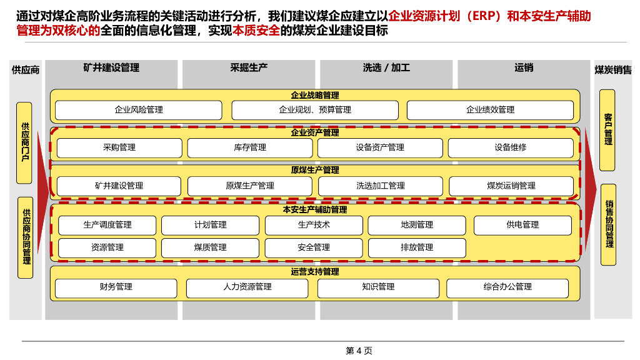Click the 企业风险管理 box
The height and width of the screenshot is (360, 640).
pyautogui.click(x=138, y=110)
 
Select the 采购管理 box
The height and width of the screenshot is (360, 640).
pyautogui.click(x=119, y=148)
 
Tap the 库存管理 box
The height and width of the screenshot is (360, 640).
pyautogui.click(x=249, y=148)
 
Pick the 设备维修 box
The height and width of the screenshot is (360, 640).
pyautogui.click(x=510, y=148)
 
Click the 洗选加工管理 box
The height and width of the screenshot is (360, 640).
pyautogui.click(x=380, y=186)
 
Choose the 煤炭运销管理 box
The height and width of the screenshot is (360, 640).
pyautogui.click(x=511, y=186)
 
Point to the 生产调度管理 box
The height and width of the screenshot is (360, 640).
pyautogui.click(x=107, y=225)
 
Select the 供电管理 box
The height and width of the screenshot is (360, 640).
pyautogui.click(x=522, y=225)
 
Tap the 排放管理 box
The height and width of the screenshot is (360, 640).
pyautogui.click(x=417, y=247)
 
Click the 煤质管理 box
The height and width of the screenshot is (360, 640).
pyautogui.click(x=210, y=247)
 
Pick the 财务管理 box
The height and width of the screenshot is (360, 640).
pyautogui.click(x=116, y=287)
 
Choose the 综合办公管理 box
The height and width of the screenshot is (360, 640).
pyautogui.click(x=507, y=287)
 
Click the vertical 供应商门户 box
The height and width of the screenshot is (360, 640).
pyautogui.click(x=24, y=143)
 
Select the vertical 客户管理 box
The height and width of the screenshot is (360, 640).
pyautogui.click(x=607, y=130)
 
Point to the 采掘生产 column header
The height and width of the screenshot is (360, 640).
pyautogui.click(x=249, y=67)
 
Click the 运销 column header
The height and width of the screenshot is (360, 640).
pyautogui.click(x=524, y=67)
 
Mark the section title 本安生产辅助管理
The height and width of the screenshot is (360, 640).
pyautogui.click(x=315, y=210)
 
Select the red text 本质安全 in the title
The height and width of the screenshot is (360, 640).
pyautogui.click(x=256, y=30)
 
